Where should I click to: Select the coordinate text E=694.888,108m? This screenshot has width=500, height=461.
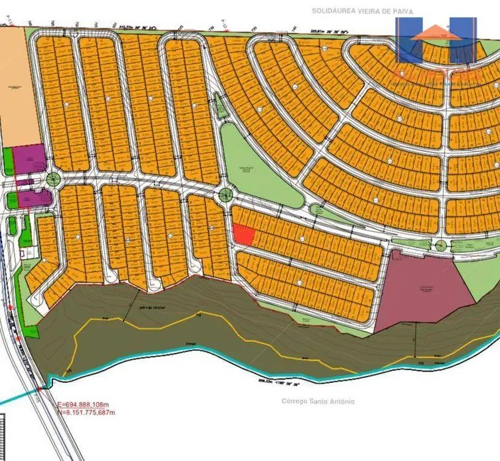pos(86,405)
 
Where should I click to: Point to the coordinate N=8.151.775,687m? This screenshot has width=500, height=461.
pos(86,412)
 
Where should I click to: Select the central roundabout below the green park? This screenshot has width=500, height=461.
pos(225,194)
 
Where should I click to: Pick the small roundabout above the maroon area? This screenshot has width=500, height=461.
pos(441,245)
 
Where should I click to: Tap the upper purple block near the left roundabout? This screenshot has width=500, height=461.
pos(30,157)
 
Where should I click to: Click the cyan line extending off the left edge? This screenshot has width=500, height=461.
pos(18,398)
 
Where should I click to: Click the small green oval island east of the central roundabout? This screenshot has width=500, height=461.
pos(317,210)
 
